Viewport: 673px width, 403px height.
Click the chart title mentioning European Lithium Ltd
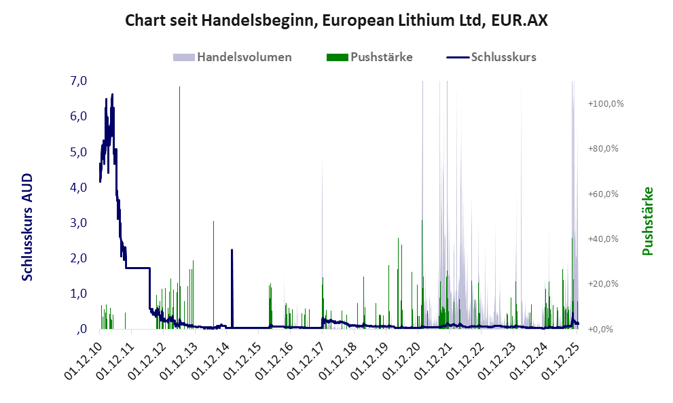coord(336,21)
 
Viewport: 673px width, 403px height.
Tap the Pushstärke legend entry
coord(380,57)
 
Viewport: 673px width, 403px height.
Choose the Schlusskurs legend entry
coord(503,57)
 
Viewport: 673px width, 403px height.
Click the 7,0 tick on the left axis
coord(78,81)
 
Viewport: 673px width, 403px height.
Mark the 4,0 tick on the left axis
coord(78,187)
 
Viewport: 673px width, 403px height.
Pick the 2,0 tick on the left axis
coord(78,258)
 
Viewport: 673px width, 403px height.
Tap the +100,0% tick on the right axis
coord(606,103)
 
